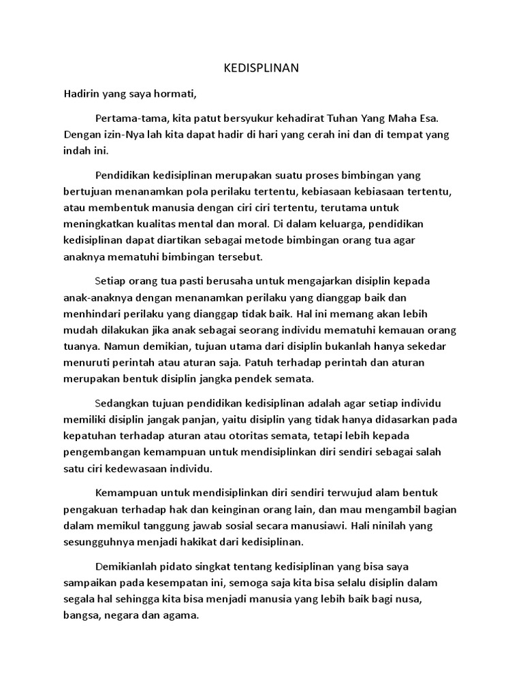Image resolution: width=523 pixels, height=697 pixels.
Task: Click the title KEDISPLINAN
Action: point(261,69)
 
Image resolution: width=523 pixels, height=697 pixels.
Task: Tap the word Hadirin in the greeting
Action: point(82,94)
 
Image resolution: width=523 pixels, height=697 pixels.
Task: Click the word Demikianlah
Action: point(132,567)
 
